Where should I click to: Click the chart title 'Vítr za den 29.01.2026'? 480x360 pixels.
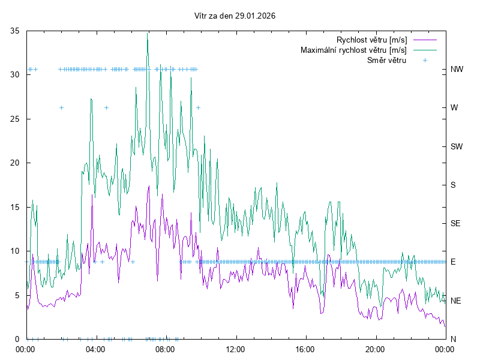(x=235, y=16)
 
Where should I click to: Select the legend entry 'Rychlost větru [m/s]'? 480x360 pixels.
(x=371, y=40)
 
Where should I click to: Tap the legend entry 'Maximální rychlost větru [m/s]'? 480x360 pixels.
(x=353, y=50)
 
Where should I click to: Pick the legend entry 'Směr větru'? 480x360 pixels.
(x=386, y=60)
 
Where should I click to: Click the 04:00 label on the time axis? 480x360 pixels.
(x=95, y=349)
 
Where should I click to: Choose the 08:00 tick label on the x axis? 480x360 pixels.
(x=165, y=349)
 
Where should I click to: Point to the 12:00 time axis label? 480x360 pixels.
(x=235, y=349)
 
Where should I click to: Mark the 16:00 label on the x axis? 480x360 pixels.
(x=305, y=349)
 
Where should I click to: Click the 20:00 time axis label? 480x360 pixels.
(x=374, y=349)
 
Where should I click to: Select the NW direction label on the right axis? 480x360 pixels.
(x=457, y=70)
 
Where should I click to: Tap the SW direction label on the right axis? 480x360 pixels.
(x=457, y=146)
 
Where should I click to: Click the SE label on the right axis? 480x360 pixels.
(x=455, y=223)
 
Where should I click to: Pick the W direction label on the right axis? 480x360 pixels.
(x=454, y=108)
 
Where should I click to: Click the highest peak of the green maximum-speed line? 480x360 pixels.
(x=148, y=34)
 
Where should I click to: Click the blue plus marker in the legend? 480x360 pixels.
(x=425, y=60)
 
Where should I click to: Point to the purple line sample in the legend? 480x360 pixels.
(x=424, y=40)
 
